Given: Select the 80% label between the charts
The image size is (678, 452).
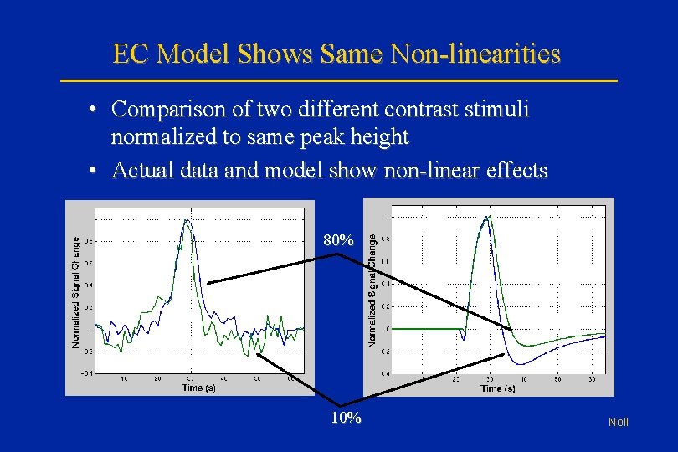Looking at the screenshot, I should click(x=337, y=240).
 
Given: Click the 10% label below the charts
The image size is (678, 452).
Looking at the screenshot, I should click(x=346, y=417).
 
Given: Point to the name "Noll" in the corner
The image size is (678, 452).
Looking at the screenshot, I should click(x=619, y=423).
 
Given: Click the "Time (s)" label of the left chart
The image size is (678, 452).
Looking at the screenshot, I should click(x=198, y=388).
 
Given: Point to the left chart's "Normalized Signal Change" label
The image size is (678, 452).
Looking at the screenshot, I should click(x=76, y=291).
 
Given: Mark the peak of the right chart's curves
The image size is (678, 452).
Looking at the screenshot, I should click(x=485, y=217).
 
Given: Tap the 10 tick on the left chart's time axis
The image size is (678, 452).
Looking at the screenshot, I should click(x=124, y=379).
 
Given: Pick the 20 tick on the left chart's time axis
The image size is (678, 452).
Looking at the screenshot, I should click(x=158, y=379).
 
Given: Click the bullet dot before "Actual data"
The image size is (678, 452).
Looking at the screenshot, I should click(x=97, y=172).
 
